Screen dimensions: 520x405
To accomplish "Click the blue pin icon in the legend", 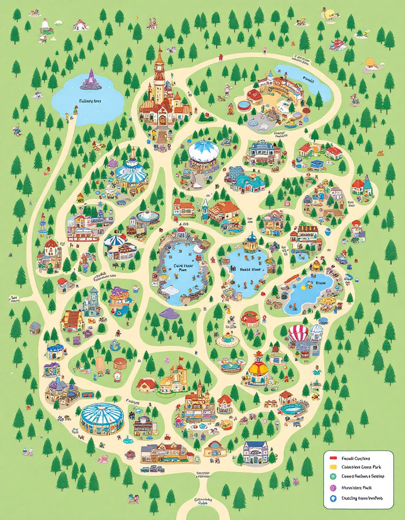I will [334, 498].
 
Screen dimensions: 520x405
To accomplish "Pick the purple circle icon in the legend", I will [334, 487].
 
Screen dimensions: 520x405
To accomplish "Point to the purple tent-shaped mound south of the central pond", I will [169, 313].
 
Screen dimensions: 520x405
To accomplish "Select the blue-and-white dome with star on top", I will [203, 151].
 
